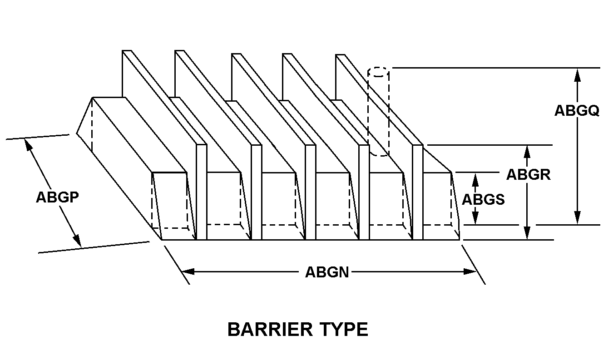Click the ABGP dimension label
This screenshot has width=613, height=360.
(x=58, y=197)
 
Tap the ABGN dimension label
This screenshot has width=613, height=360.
(x=327, y=272)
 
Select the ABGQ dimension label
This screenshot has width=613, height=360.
(x=577, y=111)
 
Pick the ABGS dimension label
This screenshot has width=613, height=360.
(x=483, y=199)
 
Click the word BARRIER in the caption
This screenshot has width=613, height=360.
(x=270, y=330)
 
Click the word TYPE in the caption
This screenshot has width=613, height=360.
(x=345, y=330)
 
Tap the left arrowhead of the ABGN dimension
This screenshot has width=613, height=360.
(x=188, y=271)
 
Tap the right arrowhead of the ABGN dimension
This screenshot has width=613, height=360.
(x=470, y=271)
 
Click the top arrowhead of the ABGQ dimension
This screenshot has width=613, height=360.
(x=578, y=75)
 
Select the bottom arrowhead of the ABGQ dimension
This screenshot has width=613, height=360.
(x=578, y=218)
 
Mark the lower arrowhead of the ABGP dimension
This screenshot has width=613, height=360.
(x=78, y=240)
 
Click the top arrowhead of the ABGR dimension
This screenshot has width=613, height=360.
(x=527, y=152)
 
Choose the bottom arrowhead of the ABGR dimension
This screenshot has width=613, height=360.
(x=527, y=233)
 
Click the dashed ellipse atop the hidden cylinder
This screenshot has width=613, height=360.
(x=379, y=72)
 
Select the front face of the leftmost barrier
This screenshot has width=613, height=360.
(x=202, y=192)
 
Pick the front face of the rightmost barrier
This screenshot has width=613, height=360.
(x=418, y=192)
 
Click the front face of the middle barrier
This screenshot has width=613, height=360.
(x=311, y=192)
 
